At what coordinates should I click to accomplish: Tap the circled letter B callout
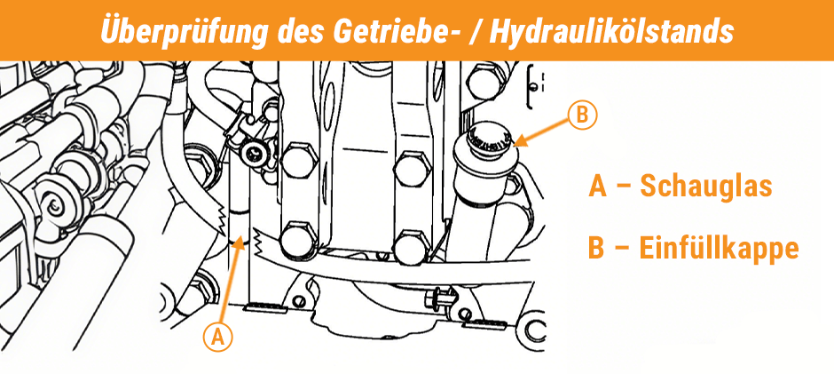[582, 115]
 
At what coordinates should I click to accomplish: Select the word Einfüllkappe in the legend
[719, 247]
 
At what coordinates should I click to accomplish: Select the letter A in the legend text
[598, 187]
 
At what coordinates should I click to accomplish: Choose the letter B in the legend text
[598, 247]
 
